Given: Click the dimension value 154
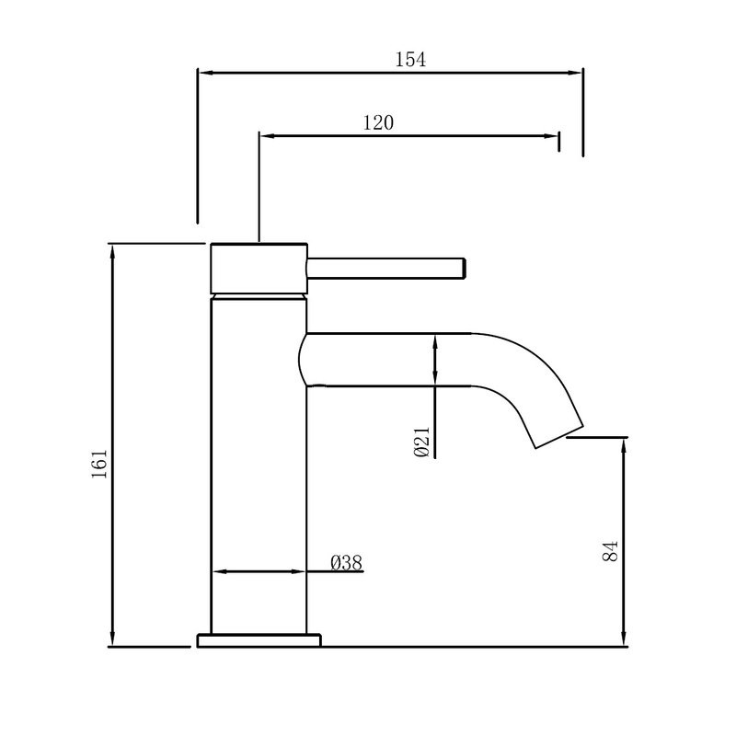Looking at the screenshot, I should pos(410,60).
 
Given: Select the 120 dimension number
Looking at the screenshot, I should pos(377,122).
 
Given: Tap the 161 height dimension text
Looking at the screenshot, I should pos(100,463).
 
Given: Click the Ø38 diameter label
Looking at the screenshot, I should pos(345,563).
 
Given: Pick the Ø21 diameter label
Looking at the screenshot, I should pos(421,443).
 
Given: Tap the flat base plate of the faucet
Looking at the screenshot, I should pos(259,639).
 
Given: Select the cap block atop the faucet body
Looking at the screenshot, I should pos(259,269).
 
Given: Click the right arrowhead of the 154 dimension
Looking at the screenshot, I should pos(577,72).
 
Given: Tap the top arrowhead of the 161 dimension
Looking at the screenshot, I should pos(112,250).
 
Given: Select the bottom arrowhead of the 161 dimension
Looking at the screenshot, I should pos(112,639).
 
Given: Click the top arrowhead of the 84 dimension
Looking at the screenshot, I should pos(625,444).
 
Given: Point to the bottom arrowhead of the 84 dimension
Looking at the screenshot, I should pos(625,639).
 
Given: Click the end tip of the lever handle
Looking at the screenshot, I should pos(465,268).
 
